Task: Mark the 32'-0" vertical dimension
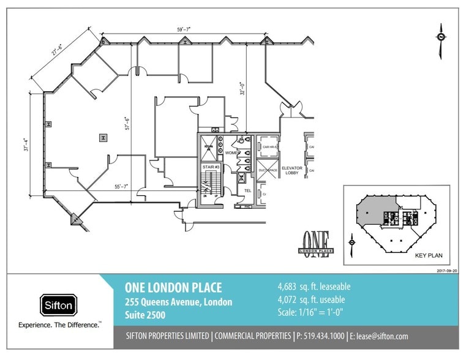(242, 90)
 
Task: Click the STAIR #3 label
(211, 167)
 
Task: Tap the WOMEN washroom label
(232, 152)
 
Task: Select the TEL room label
(248, 190)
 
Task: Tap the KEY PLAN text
(428, 255)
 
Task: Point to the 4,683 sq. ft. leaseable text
(314, 287)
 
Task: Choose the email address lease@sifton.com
(383, 336)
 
